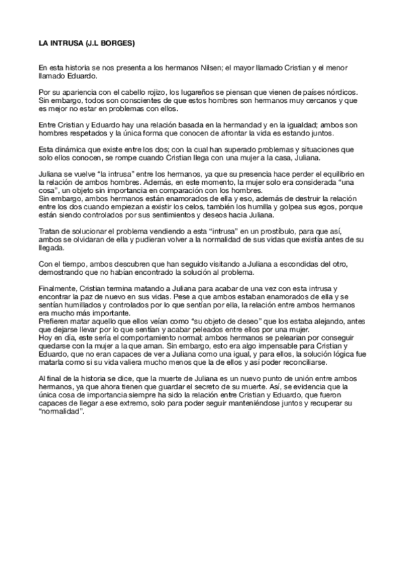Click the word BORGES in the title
(118, 44)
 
